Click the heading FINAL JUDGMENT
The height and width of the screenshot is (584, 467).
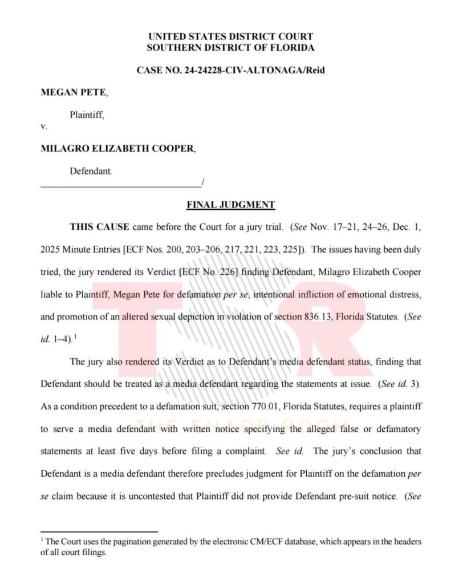tap(230, 205)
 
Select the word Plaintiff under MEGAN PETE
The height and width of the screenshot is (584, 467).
tap(87, 115)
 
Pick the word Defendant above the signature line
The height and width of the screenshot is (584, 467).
tap(91, 171)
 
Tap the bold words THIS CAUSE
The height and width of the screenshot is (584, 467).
tap(99, 227)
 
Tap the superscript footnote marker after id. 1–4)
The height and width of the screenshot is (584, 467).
tap(75, 336)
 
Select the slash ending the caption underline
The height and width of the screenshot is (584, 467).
tap(202, 182)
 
